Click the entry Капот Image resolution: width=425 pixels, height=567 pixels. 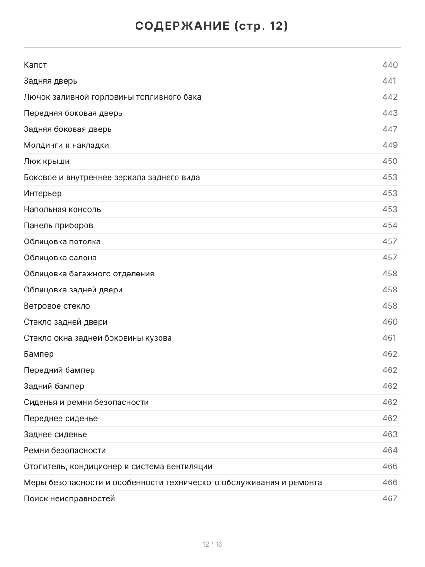[x=35, y=65]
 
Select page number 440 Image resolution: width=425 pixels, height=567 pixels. [x=390, y=65]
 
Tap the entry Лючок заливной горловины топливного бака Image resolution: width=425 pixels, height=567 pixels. [x=112, y=97]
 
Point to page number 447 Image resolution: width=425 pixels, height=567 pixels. [x=390, y=129]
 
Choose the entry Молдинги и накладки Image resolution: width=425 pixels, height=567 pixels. [x=66, y=146]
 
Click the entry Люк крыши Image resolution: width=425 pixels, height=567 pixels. [x=46, y=162]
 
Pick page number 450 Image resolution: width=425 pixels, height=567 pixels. [x=390, y=162]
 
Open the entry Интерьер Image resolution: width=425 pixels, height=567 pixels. [x=42, y=194]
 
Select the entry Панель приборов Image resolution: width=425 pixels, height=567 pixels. [x=58, y=226]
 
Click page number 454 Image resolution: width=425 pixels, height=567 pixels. [x=390, y=226]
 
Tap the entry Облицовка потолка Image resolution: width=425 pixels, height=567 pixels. [x=62, y=242]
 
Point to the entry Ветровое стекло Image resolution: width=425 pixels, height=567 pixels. [x=57, y=306]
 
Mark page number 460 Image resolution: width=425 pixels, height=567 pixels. [x=390, y=322]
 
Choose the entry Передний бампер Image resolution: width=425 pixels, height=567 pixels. [x=59, y=370]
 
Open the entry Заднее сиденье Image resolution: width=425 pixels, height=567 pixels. [x=55, y=435]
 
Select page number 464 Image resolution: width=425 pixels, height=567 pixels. [x=390, y=451]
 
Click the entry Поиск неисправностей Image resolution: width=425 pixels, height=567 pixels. [x=69, y=499]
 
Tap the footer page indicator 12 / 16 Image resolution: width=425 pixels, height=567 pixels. [x=212, y=545]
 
